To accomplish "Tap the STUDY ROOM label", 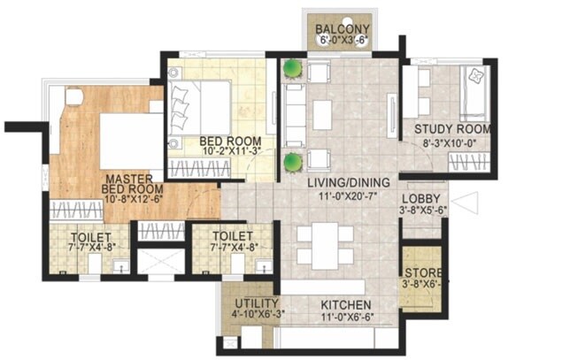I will pyautogui.click(x=452, y=128).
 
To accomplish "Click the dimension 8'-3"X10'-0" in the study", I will pyautogui.click(x=452, y=141).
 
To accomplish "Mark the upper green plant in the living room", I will pyautogui.click(x=292, y=69).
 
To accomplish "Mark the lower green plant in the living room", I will pyautogui.click(x=291, y=161).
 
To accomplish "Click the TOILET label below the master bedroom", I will pyautogui.click(x=93, y=238).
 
